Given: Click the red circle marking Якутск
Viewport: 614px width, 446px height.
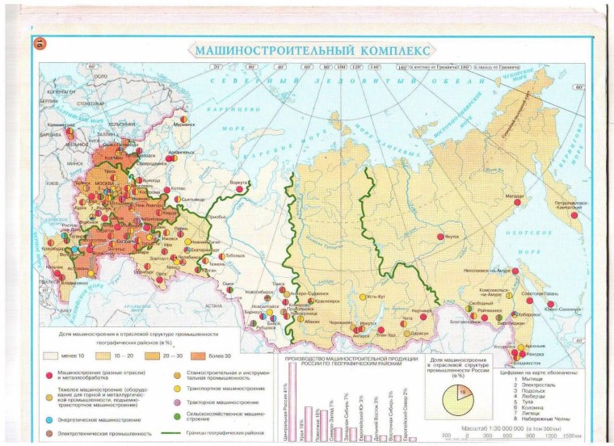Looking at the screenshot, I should [440, 237].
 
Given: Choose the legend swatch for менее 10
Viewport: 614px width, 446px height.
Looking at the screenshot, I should [53, 353].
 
